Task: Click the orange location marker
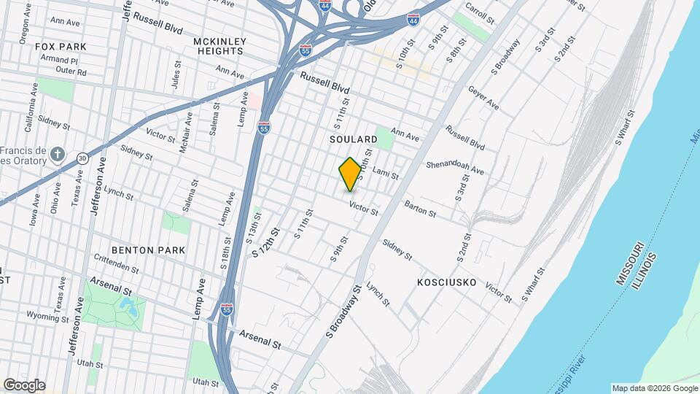click(x=350, y=174)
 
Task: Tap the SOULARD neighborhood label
click(x=353, y=139)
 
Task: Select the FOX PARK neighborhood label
click(x=61, y=47)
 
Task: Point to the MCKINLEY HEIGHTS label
click(x=219, y=46)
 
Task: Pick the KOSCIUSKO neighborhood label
click(x=447, y=282)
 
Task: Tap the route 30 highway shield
click(x=83, y=158)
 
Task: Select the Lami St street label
click(x=386, y=173)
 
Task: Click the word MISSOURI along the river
click(x=629, y=262)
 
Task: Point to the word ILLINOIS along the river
click(x=645, y=271)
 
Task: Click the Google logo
click(x=24, y=385)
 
